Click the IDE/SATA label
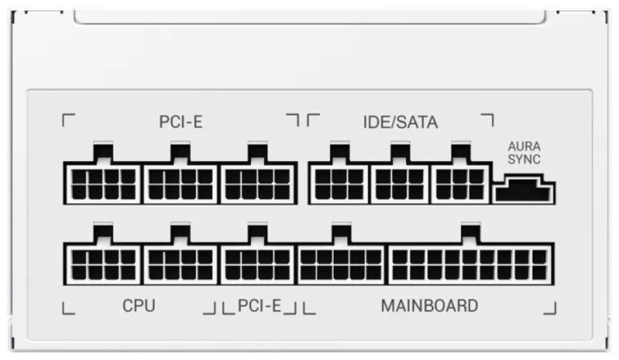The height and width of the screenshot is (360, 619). point(400,122)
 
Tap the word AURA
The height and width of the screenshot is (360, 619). point(524,146)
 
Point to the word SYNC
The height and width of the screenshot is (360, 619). point(524,159)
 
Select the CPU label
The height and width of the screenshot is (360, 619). point(138,306)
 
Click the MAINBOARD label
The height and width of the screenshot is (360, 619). point(429,306)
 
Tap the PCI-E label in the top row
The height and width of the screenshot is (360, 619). point(181,122)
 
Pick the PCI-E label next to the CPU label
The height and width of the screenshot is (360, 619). point(260,306)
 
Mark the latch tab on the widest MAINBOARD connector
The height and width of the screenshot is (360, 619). point(471,233)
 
